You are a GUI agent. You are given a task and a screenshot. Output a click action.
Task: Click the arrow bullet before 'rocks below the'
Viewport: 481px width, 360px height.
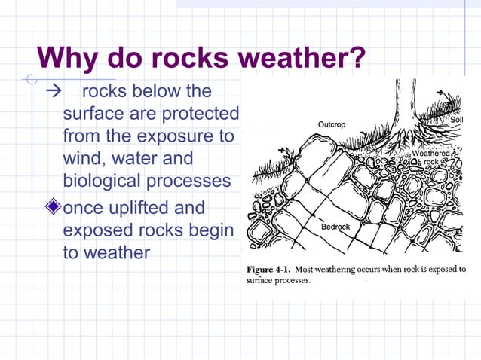[x=52, y=92]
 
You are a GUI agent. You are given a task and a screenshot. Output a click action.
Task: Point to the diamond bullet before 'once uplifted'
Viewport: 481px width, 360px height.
[x=52, y=207]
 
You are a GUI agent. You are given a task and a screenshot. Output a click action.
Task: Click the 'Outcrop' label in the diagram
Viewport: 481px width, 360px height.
[x=332, y=124]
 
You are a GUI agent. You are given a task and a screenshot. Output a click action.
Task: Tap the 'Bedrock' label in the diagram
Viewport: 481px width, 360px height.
[x=335, y=227]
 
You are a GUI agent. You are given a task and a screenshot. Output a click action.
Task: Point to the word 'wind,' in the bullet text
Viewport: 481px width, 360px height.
[x=86, y=160]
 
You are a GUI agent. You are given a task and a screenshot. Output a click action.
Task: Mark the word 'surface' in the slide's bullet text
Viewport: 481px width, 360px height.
[x=91, y=114]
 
